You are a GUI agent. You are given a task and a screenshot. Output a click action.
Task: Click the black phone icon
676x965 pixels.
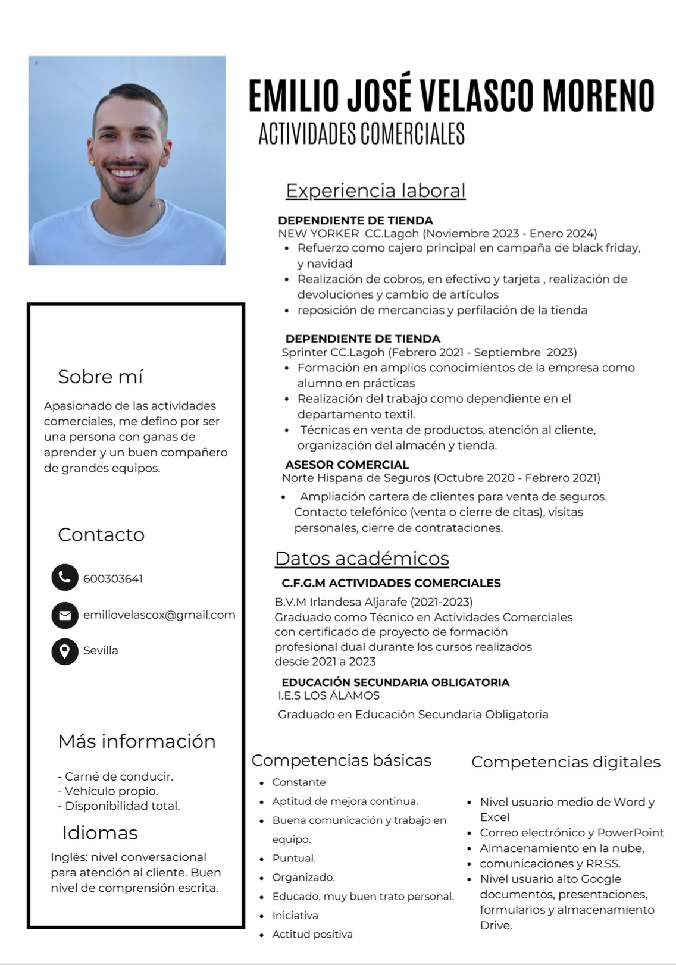pyautogui.click(x=65, y=577)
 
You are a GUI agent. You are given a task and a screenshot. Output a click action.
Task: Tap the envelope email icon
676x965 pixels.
pyautogui.click(x=65, y=615)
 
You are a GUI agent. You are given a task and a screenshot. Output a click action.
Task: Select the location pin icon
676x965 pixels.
pyautogui.click(x=65, y=651)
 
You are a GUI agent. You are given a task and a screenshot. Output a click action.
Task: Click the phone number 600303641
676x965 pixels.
pyautogui.click(x=113, y=579)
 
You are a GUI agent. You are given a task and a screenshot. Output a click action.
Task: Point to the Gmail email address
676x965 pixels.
pyautogui.click(x=159, y=615)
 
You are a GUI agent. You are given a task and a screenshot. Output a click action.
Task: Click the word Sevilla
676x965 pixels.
pyautogui.click(x=101, y=651)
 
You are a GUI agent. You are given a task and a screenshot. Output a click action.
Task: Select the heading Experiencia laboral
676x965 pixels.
pyautogui.click(x=375, y=190)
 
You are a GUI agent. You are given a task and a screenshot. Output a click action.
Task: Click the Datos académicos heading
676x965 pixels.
pyautogui.click(x=362, y=559)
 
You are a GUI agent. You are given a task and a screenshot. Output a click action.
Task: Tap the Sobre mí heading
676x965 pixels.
pyautogui.click(x=100, y=377)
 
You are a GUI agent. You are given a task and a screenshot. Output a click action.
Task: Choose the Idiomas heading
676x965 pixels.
pyautogui.click(x=99, y=833)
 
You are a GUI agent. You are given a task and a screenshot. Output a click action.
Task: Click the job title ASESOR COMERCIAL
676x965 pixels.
pyautogui.click(x=347, y=465)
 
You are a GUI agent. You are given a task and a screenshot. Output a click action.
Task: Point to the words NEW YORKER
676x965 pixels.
pyautogui.click(x=318, y=234)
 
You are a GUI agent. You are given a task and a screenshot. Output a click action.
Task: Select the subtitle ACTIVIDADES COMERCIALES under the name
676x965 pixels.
pyautogui.click(x=361, y=134)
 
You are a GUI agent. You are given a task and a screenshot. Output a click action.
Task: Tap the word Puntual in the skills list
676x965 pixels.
pyautogui.click(x=294, y=859)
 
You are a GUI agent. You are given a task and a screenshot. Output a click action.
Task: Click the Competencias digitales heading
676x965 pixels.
pyautogui.click(x=565, y=762)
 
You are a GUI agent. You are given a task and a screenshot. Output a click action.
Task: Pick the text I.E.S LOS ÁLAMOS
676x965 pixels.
pyautogui.click(x=328, y=695)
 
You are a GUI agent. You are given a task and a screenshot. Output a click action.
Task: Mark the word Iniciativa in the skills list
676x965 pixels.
pyautogui.click(x=295, y=916)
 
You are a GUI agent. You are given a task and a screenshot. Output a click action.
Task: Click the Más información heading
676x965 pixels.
pyautogui.click(x=137, y=741)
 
